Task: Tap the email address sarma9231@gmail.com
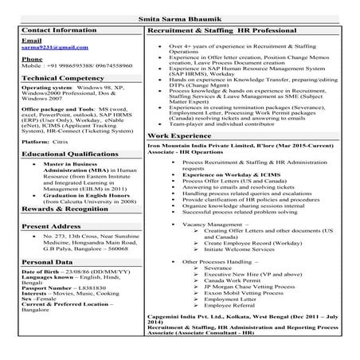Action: [44, 48]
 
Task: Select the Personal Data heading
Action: [48, 261]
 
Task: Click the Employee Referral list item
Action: [229, 304]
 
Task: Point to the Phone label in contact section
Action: [32, 60]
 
